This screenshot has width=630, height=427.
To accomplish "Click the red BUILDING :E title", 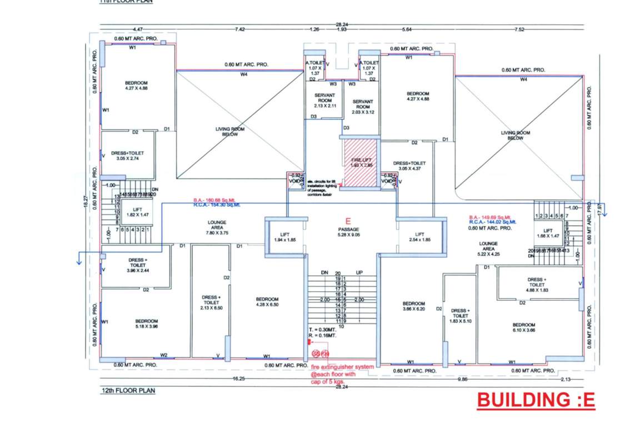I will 536,400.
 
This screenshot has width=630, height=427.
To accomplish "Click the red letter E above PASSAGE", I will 349,221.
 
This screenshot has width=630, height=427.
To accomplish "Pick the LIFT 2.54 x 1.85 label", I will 421,237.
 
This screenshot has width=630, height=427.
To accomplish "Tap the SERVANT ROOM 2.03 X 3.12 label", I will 363,106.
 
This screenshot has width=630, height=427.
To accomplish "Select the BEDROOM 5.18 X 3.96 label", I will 147,324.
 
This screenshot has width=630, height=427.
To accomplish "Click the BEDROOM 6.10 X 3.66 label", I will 523,327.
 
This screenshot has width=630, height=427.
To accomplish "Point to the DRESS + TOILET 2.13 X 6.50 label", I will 211,302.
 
